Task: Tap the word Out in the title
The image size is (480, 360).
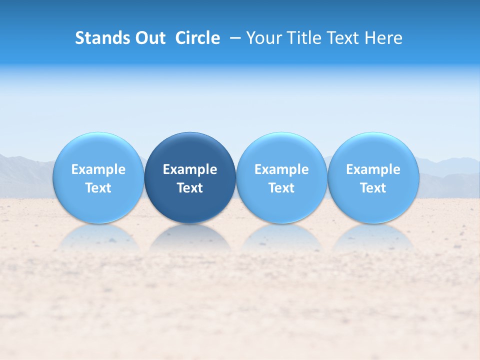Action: click(x=149, y=38)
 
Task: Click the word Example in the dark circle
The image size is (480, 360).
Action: click(x=190, y=169)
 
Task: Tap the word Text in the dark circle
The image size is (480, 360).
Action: click(x=190, y=188)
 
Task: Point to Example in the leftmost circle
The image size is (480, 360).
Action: click(x=98, y=169)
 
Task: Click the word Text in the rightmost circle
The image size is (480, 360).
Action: click(x=373, y=188)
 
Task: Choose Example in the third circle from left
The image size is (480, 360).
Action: click(x=281, y=169)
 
